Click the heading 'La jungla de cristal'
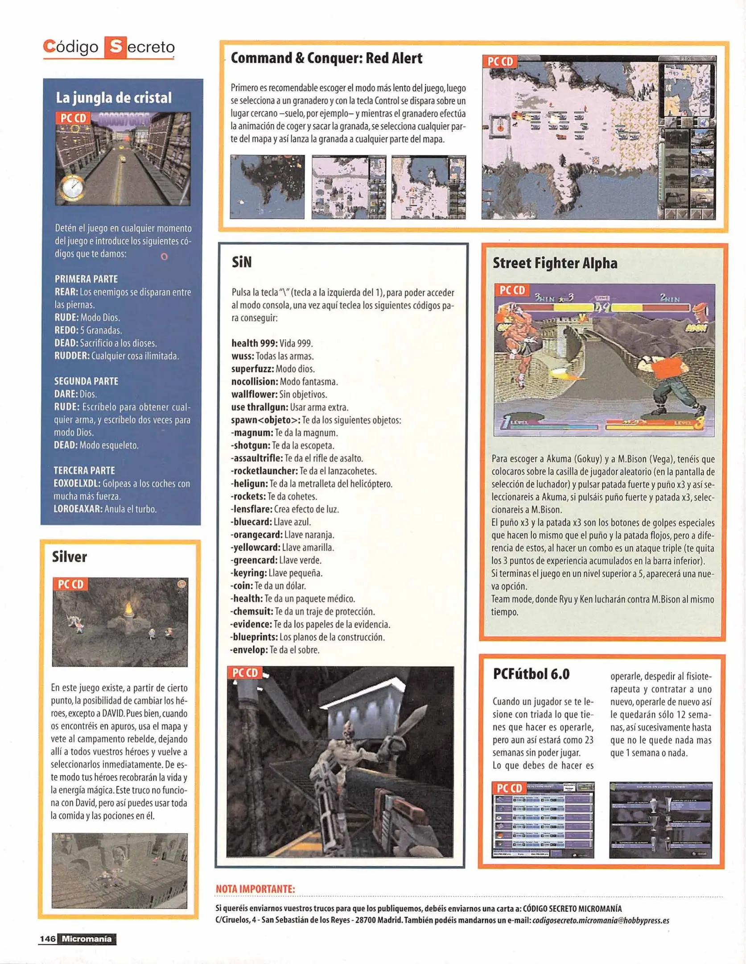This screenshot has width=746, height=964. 114,98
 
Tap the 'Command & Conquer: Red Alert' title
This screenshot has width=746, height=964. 326,58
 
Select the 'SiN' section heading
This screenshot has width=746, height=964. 242,262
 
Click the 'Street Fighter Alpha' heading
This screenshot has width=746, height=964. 555,263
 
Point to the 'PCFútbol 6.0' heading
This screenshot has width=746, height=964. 531,674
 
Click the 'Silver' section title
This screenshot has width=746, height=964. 69,557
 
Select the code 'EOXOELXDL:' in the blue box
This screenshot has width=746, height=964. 77,484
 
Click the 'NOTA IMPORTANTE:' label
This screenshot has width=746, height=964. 255,889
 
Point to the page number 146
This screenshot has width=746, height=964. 47,939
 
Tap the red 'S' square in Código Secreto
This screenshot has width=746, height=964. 115,47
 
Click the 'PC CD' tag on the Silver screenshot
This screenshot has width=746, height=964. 71,584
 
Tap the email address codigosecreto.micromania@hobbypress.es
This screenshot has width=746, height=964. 601,920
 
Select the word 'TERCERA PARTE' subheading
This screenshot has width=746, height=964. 84,470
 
